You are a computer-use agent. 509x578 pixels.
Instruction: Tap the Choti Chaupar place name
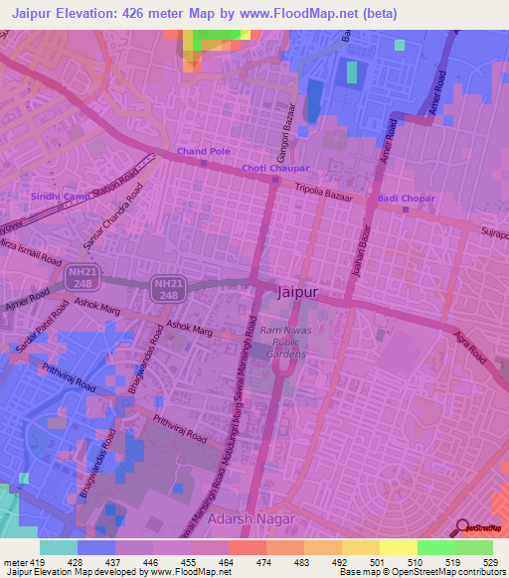275,168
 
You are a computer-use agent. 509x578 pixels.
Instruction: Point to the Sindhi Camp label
61,197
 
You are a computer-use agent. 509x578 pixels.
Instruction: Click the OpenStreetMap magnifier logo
463,526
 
